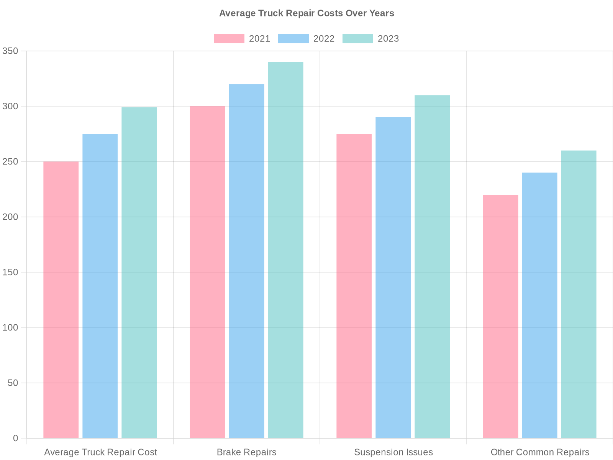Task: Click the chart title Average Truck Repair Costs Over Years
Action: click(306, 13)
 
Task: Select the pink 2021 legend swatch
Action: click(229, 39)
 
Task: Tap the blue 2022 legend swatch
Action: click(293, 39)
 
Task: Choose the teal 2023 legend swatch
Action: click(357, 39)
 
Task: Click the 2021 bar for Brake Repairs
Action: click(207, 272)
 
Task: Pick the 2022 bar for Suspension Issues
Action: click(393, 278)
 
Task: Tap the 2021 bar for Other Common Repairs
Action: click(500, 316)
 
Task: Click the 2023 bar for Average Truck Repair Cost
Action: click(139, 273)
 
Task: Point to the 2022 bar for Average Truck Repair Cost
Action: click(100, 286)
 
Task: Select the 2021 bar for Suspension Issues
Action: click(354, 286)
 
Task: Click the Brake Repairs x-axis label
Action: click(246, 452)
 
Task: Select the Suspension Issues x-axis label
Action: click(393, 452)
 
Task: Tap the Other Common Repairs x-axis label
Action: click(540, 452)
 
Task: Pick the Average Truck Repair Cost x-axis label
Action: click(100, 452)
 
